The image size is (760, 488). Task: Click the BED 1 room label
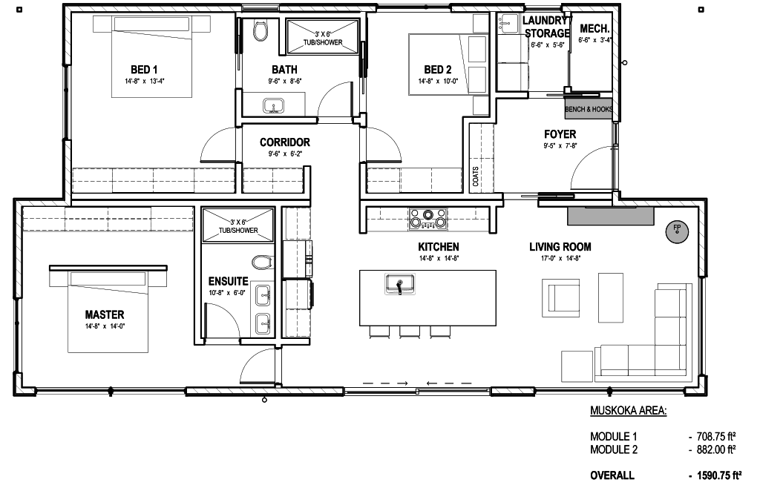[x=144, y=70]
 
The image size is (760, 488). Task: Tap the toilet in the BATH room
[x=261, y=30]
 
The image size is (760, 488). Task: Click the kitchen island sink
[x=400, y=284]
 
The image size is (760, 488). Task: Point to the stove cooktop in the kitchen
[x=427, y=218]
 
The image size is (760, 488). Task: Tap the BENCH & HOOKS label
[x=589, y=110]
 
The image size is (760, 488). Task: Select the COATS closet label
[x=476, y=177]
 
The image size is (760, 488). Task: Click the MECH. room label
[x=594, y=29]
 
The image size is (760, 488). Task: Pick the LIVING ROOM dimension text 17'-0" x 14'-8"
[x=561, y=259]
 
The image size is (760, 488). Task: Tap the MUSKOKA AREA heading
[x=628, y=411]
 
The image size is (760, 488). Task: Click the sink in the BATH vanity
[x=273, y=106]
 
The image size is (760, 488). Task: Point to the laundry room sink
[x=509, y=23]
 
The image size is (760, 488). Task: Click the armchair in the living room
[x=561, y=296]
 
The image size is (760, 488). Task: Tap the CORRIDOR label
[x=285, y=142]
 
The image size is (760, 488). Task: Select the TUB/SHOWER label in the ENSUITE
[x=238, y=231]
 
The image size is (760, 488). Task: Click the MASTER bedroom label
[x=105, y=314]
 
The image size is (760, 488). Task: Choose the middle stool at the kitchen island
[x=410, y=332]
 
